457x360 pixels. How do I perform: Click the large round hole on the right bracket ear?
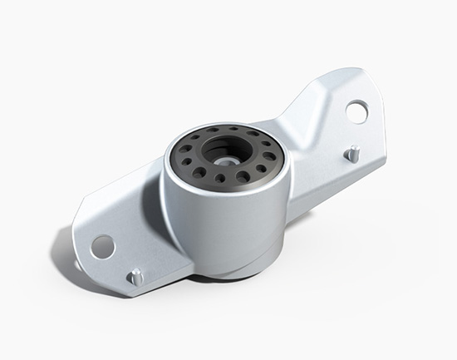click(357, 110)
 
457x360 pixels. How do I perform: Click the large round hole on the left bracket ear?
click(102, 245)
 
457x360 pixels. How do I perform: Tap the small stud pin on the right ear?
click(353, 154)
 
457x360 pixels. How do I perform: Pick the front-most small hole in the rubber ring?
click(220, 178)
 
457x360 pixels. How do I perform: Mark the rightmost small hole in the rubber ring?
click(271, 150)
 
